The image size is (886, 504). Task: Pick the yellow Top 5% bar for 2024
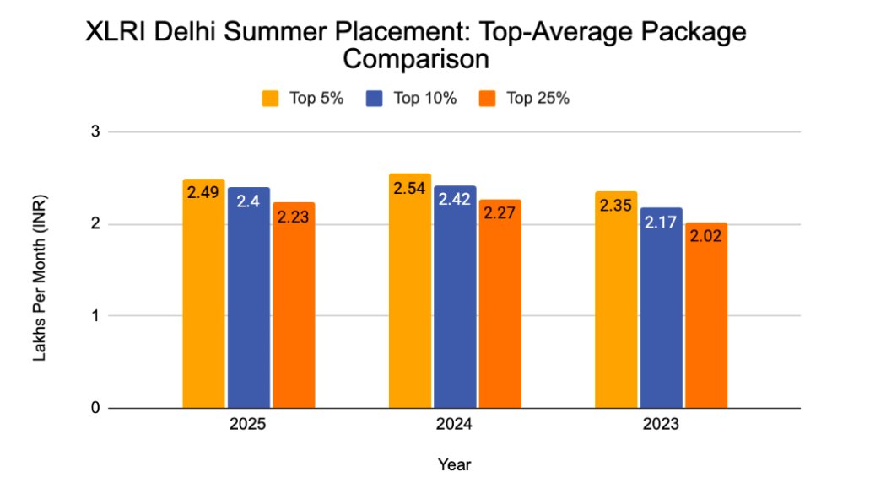click(x=409, y=291)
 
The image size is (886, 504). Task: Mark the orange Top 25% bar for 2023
click(x=705, y=315)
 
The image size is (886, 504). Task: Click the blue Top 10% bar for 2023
click(x=661, y=308)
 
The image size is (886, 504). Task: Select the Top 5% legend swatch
click(x=271, y=99)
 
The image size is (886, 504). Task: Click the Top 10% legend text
click(x=424, y=99)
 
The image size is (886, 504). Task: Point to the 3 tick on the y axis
click(x=95, y=132)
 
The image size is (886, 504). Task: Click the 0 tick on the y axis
click(x=95, y=408)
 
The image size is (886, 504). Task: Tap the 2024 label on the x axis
click(x=454, y=426)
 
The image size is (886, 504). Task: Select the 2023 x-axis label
click(x=660, y=426)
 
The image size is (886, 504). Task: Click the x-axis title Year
click(x=454, y=464)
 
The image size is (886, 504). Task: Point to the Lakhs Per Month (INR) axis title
click(x=40, y=277)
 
